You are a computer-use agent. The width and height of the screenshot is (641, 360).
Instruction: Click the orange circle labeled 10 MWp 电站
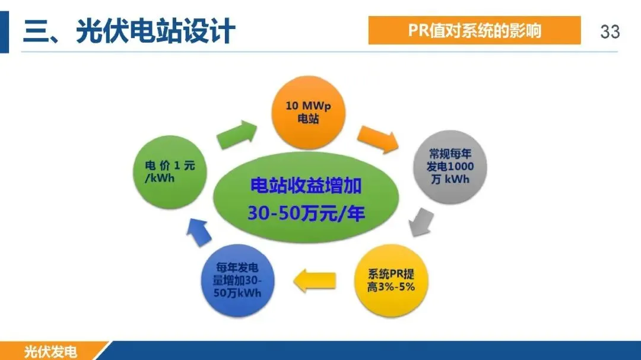point(308,112)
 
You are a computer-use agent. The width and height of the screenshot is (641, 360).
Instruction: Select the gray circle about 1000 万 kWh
point(450,167)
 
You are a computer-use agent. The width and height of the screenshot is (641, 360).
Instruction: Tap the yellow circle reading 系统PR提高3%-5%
point(391,281)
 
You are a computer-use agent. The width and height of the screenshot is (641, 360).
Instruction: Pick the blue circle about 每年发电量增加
point(237,281)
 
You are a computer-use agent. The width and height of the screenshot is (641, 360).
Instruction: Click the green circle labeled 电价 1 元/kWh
point(170,172)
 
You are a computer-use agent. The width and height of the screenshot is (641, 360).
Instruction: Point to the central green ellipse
point(306,197)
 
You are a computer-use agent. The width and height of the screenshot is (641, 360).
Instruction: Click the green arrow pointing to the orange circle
point(237,135)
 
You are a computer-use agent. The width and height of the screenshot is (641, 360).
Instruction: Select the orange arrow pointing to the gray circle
point(377,139)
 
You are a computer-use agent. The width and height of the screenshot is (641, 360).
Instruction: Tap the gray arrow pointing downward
point(421,222)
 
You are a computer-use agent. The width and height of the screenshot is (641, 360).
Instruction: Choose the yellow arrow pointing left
point(315,281)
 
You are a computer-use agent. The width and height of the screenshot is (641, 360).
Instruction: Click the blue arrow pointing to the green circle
point(199,232)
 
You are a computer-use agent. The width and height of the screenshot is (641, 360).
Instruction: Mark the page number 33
point(610,31)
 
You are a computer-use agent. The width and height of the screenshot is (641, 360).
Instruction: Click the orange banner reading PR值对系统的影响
point(474,30)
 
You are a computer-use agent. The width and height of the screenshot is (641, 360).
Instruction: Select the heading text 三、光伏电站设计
point(129,31)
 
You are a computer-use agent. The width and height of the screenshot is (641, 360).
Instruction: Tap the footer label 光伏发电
point(50,352)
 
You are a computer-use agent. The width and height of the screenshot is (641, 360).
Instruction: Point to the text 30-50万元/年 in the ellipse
point(306,213)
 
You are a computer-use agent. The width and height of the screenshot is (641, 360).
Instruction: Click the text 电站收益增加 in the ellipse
point(306,186)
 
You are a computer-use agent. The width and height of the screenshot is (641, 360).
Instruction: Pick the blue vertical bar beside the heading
point(4,32)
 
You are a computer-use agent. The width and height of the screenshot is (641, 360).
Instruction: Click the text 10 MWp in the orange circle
point(308,106)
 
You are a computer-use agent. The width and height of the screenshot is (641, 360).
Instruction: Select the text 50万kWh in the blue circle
point(237,293)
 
